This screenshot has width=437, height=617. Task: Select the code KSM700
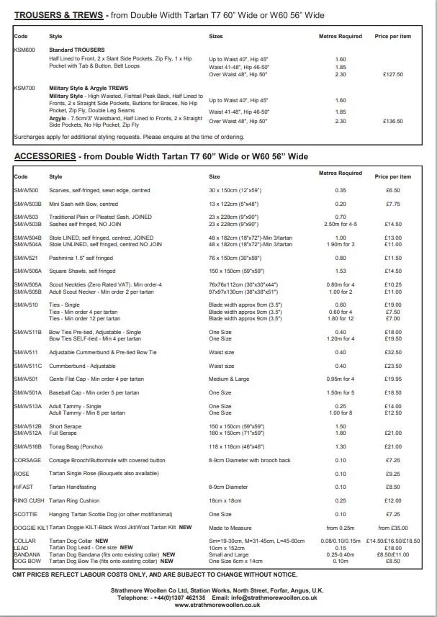click(24, 87)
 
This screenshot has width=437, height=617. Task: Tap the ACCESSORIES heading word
click(45, 156)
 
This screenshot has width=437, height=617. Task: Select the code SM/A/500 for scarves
click(26, 190)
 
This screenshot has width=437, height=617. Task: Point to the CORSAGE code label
click(27, 460)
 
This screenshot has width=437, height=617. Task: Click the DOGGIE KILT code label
click(30, 527)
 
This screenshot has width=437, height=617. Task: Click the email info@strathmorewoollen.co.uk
click(271, 598)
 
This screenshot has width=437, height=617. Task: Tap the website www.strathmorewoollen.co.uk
click(218, 605)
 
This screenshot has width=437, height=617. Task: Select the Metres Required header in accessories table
click(340, 174)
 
